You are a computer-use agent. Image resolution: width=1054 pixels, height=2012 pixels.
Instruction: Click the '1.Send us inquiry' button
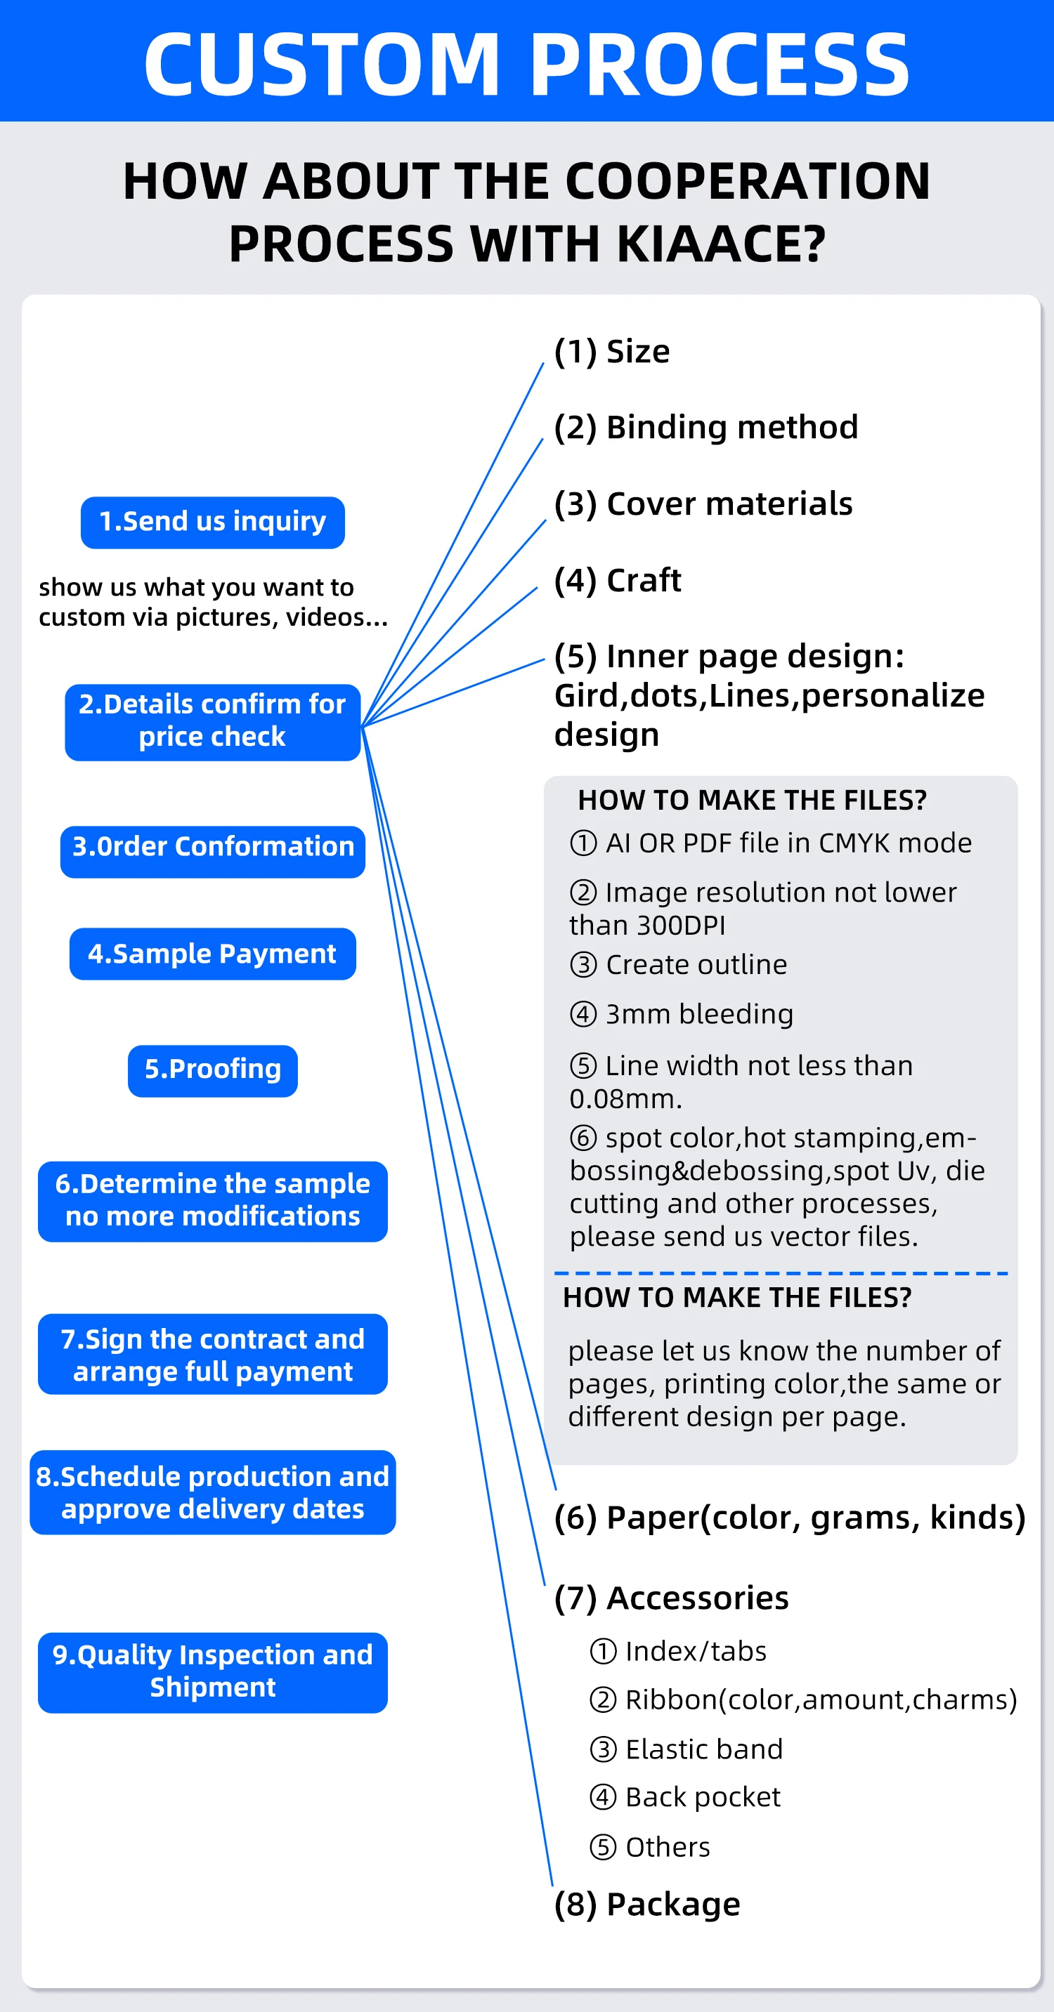pos(212,522)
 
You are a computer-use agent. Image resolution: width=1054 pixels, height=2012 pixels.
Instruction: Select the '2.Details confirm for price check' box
pos(212,722)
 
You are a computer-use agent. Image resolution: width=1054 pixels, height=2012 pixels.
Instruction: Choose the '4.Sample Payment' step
pos(212,953)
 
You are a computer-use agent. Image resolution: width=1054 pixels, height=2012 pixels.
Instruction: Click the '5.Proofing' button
pos(212,1070)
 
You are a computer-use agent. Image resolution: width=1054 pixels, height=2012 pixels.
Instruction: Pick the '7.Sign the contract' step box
pos(212,1355)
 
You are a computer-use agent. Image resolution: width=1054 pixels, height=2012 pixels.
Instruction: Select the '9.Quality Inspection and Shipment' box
pos(212,1671)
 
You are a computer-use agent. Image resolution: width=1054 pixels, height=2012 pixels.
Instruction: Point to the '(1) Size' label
pos(612,351)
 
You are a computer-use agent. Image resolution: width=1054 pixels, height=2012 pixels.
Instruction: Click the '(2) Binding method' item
pos(705,428)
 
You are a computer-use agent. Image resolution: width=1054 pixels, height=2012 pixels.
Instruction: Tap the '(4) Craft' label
pos(617,580)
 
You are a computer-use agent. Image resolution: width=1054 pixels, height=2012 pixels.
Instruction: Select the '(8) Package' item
pos(647,1905)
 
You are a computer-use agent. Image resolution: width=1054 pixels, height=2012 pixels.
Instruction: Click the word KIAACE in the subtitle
pos(720,244)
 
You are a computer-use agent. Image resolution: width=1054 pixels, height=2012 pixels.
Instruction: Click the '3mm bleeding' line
pos(698,1014)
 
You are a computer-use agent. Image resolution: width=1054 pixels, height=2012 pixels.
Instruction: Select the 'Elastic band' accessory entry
pos(703,1749)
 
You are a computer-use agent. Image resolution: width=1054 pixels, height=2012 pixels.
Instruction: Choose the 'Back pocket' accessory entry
pos(703,1797)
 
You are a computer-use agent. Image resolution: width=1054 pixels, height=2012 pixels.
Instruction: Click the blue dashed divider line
pos(781,1273)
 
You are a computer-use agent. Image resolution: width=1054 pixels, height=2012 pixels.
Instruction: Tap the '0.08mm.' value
pos(626,1099)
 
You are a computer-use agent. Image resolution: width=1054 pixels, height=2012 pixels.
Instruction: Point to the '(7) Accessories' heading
pos(671,1598)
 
